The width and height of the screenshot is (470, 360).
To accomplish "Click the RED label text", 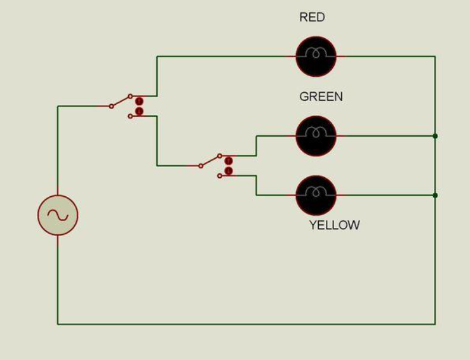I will pos(312,18).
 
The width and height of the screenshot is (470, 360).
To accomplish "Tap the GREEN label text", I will pos(321,97).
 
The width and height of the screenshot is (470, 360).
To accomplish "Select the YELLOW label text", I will pos(334,225).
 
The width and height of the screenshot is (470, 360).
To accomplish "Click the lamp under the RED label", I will pos(316,57).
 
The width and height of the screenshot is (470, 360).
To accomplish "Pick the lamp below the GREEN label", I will pos(316,136).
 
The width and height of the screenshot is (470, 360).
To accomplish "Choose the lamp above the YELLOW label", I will pos(316,196).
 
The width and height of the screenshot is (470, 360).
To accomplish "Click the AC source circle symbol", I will pos(58,215).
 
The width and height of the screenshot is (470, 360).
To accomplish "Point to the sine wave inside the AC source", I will pos(58,215).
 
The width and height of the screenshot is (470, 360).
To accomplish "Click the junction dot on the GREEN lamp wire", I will pos(435,136).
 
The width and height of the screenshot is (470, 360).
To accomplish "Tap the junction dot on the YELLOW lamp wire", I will pos(435,196).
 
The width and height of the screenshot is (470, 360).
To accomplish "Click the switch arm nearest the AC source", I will pos(121,102).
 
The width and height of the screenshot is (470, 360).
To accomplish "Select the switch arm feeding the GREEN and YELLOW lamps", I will pos(210,161).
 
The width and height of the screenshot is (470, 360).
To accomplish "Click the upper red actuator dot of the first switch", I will pos(139,101).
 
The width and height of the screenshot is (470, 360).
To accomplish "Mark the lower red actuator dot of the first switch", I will pos(139,112).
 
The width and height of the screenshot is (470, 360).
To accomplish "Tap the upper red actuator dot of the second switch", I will pos(229,161).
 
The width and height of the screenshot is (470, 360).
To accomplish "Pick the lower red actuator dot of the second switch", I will pos(229,171).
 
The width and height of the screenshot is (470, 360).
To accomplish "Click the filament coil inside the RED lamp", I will pos(316,53).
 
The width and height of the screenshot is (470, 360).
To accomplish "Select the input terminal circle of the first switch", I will pos(111,106).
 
